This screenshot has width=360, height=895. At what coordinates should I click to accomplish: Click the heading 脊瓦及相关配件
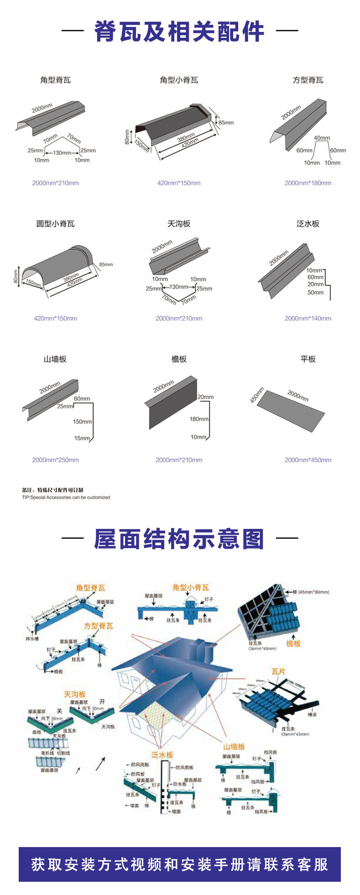coord(179,31)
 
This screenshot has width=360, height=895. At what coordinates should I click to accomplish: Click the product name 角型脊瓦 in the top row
coord(55,80)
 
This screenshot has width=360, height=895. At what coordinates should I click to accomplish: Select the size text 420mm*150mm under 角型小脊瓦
coord(179,183)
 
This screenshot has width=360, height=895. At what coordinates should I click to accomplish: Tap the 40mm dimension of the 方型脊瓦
coord(322,138)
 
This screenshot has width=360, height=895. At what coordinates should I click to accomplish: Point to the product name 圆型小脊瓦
coord(55,224)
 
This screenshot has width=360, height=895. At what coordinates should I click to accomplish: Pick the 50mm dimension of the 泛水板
coord(315,293)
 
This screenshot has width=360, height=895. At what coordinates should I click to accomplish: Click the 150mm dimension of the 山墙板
coord(82,421)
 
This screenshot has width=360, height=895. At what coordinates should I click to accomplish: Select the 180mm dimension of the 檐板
coord(199,419)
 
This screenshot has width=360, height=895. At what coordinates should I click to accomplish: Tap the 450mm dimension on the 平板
coord(257,395)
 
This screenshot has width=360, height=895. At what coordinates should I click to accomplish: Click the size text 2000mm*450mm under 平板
coord(308,460)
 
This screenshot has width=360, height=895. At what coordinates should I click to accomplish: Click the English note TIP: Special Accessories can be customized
coord(66,497)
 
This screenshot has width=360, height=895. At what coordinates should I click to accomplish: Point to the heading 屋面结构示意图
coord(179,539)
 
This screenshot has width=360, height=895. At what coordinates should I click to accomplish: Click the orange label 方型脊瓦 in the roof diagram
coord(98,626)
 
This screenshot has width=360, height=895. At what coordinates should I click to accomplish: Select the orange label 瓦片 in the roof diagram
coord(278,671)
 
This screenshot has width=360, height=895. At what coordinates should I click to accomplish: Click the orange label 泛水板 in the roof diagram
coord(162,755)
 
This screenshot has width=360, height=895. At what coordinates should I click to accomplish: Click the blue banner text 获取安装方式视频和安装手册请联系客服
coord(179,864)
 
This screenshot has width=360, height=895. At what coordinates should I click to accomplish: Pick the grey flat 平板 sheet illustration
coord(290,411)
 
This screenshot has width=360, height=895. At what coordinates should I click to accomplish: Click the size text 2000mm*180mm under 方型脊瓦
coord(308,183)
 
